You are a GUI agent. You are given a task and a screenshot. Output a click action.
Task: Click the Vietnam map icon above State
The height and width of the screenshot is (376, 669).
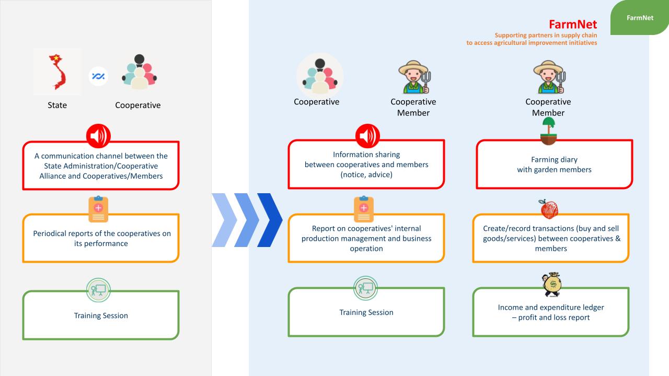pyautogui.click(x=57, y=72)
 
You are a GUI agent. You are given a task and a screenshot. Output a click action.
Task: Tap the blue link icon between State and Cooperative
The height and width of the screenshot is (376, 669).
pyautogui.click(x=98, y=76)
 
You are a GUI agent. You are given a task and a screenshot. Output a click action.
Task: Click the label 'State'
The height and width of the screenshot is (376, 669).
pyautogui.click(x=57, y=105)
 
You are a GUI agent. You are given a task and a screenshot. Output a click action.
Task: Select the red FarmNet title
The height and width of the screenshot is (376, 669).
pyautogui.click(x=572, y=25)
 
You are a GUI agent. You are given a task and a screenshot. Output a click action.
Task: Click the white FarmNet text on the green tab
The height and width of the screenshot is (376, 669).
pyautogui.click(x=640, y=18)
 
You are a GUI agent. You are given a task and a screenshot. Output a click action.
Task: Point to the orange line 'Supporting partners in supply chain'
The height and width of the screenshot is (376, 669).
pyautogui.click(x=546, y=36)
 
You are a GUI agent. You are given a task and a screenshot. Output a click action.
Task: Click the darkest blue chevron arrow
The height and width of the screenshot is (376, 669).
pyautogui.click(x=270, y=220)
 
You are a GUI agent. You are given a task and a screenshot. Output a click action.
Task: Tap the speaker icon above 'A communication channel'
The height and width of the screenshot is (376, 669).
pyautogui.click(x=98, y=137)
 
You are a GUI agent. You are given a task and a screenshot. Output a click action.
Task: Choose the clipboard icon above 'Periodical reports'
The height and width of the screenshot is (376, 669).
pyautogui.click(x=98, y=209)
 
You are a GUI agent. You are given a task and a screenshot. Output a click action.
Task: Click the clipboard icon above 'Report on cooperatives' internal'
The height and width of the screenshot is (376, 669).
pyautogui.click(x=364, y=209)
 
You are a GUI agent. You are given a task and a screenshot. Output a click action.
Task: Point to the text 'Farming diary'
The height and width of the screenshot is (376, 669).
pyautogui.click(x=554, y=159)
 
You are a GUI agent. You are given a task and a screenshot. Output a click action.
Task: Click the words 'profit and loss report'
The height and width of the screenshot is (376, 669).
pyautogui.click(x=554, y=318)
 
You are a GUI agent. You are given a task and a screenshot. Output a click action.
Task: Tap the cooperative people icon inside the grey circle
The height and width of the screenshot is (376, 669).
pyautogui.click(x=319, y=74)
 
